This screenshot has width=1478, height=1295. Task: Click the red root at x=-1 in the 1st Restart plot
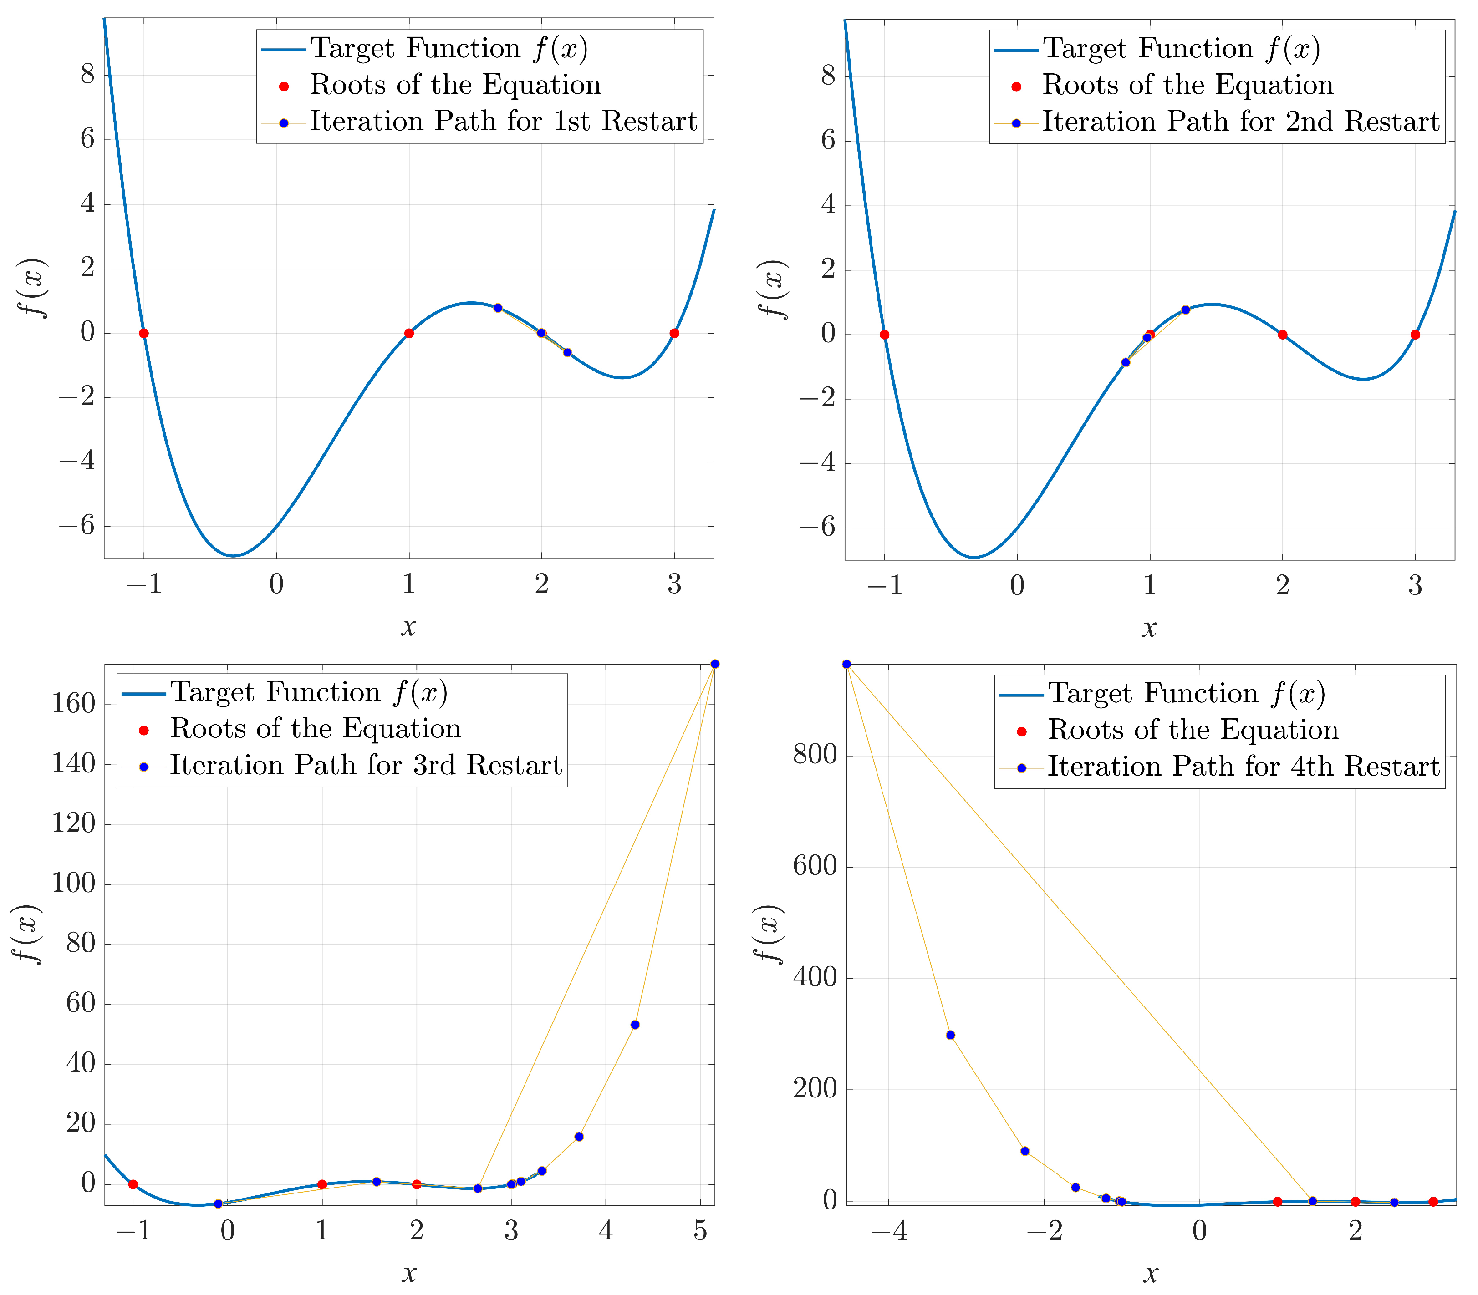click(x=144, y=333)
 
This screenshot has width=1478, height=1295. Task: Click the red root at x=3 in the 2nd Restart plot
click(x=1415, y=335)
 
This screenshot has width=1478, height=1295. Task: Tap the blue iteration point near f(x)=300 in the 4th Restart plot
click(x=950, y=1035)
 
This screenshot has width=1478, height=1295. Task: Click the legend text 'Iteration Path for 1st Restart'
click(x=503, y=122)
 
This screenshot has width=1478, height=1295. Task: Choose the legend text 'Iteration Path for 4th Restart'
click(x=1243, y=767)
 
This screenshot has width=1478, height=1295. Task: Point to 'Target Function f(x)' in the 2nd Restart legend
click(x=1182, y=48)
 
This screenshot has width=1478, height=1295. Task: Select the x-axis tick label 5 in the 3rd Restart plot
click(x=699, y=1231)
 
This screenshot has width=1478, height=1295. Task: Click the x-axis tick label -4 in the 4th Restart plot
click(x=888, y=1231)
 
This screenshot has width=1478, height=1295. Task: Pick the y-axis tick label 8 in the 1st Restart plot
click(x=87, y=75)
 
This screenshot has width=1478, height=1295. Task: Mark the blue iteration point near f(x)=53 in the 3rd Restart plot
click(x=635, y=1025)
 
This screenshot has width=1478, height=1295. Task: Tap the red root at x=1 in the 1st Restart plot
click(x=409, y=333)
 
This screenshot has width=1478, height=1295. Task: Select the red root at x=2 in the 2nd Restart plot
click(x=1282, y=335)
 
